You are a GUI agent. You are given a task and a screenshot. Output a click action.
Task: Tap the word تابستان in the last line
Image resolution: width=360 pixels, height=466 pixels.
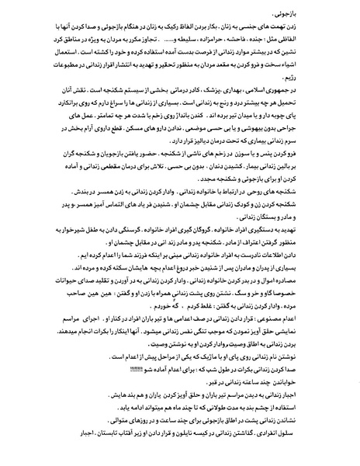tap(68, 454)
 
